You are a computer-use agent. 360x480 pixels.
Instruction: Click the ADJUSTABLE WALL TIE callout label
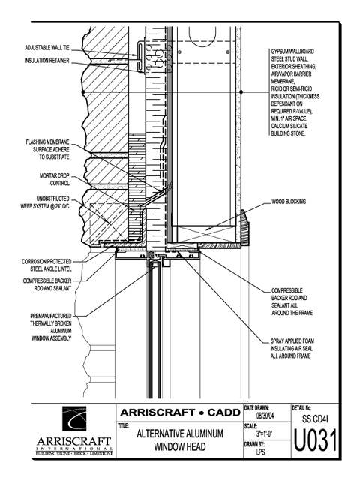(47, 48)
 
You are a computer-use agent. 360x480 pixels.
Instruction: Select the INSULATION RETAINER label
(46, 61)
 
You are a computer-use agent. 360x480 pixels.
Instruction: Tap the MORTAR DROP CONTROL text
(55, 180)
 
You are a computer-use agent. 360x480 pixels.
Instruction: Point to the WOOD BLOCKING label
(289, 202)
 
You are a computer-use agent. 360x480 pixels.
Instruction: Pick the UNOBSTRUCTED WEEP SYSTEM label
(45, 202)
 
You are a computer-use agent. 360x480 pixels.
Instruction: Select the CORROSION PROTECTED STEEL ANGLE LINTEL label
(46, 265)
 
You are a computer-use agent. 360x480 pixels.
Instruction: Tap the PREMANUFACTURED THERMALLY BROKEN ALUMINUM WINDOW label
(51, 327)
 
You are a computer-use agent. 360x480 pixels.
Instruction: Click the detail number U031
(315, 440)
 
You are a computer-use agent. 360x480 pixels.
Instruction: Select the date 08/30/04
(265, 415)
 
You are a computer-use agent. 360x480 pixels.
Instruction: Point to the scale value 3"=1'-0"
(265, 433)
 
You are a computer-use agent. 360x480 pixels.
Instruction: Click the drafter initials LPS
(261, 451)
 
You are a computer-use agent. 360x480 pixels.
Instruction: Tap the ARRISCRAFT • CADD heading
(180, 412)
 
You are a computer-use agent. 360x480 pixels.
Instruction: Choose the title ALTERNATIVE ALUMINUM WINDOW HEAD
(180, 440)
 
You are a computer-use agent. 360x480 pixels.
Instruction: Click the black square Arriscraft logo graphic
(74, 418)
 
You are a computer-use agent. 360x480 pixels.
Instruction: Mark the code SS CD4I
(315, 418)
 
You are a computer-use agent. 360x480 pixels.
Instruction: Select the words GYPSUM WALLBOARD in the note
(292, 52)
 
